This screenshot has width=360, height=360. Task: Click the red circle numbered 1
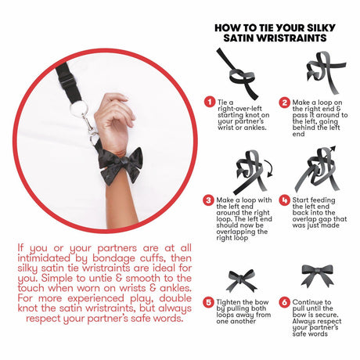click(x=209, y=102)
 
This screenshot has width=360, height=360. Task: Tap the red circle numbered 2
click(x=284, y=103)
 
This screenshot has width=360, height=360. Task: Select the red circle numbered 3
click(x=208, y=200)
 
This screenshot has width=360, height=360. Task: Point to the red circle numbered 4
click(x=284, y=200)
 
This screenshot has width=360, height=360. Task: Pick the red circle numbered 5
click(x=208, y=302)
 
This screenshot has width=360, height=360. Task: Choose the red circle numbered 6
click(x=284, y=302)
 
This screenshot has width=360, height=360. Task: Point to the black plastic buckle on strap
click(x=67, y=82)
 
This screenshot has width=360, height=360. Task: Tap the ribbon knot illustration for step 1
click(x=237, y=74)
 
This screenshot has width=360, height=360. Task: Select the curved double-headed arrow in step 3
click(x=268, y=168)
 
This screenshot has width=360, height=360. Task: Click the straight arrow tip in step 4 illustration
click(x=333, y=148)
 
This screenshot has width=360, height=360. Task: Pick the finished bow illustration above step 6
click(x=318, y=276)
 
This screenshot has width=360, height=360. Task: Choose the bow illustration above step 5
click(x=242, y=281)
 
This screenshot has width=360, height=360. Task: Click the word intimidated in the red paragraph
click(x=44, y=258)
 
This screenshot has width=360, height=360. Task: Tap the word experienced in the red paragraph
click(x=95, y=298)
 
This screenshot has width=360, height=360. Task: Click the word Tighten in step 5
click(x=229, y=302)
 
